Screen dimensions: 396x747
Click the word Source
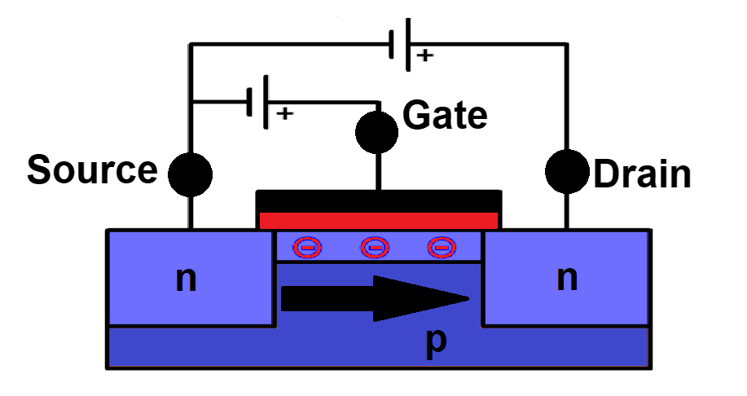click(x=91, y=170)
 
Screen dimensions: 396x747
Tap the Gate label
click(x=446, y=116)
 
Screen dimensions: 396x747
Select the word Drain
click(x=642, y=174)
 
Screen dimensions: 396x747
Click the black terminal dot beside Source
click(x=190, y=173)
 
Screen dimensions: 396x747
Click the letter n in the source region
click(x=187, y=279)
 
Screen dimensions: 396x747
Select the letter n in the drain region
click(x=567, y=279)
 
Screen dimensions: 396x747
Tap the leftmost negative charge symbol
click(x=307, y=246)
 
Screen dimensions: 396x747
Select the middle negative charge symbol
click(x=374, y=246)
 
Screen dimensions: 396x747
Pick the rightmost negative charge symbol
click(x=441, y=246)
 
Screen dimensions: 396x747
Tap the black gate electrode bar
click(x=378, y=200)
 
